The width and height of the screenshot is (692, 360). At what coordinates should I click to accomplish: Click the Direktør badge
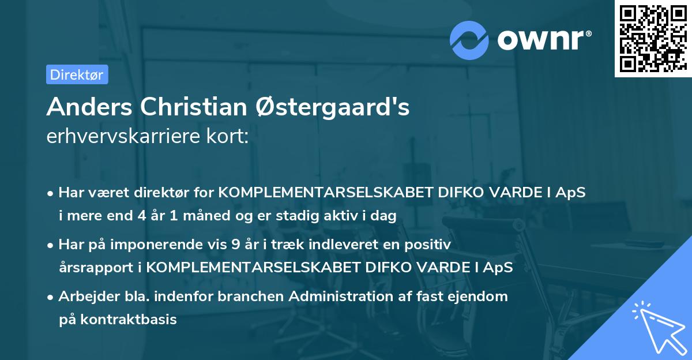tap(77, 74)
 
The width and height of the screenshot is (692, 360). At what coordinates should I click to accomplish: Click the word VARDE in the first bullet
tap(513, 192)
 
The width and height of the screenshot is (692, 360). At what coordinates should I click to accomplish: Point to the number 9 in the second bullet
tap(235, 244)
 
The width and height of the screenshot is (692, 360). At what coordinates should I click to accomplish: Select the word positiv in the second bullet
tap(430, 244)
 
